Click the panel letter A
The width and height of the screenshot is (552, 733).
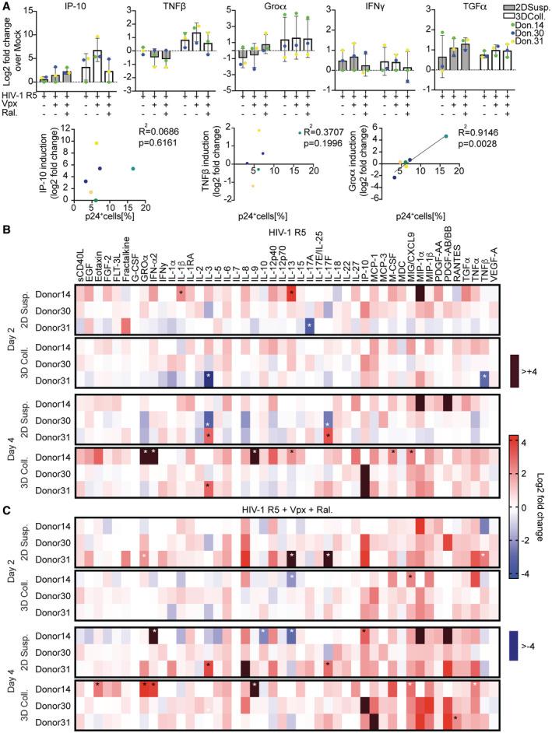coord(6,6)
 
